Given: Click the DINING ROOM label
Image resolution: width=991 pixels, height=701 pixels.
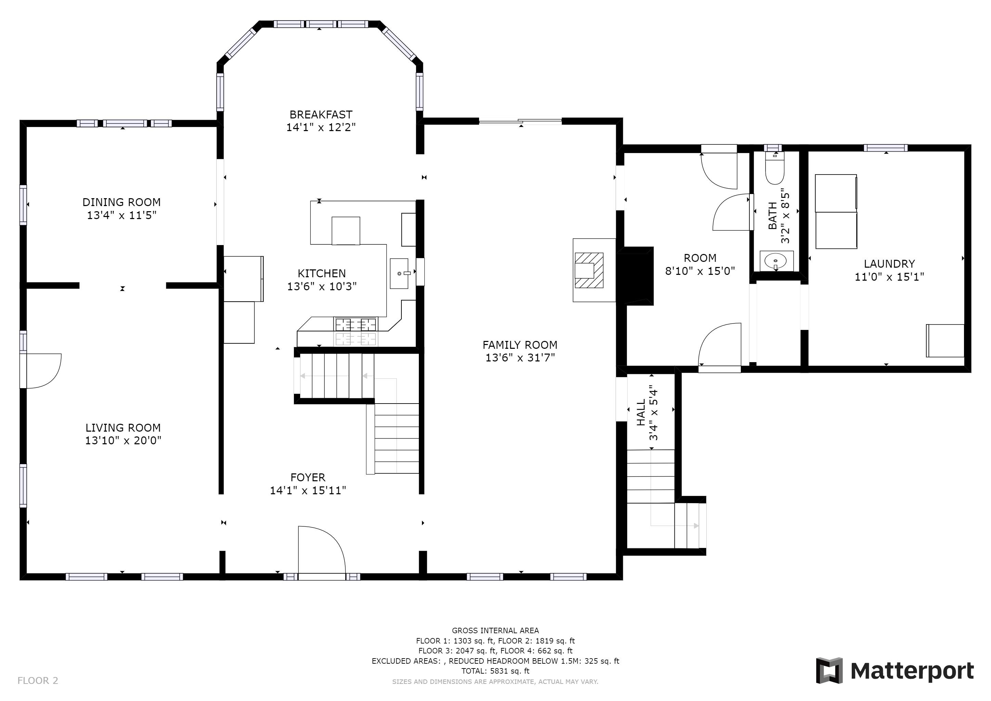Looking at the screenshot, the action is (x=122, y=202).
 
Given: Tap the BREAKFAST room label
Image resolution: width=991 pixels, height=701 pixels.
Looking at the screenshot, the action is (x=321, y=114).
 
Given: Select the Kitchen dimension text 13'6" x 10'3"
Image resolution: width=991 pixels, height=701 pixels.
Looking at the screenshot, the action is (x=322, y=286).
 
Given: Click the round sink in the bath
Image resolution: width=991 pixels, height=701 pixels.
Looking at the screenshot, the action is (x=776, y=261).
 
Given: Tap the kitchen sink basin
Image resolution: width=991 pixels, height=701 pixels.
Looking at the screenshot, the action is (x=399, y=273).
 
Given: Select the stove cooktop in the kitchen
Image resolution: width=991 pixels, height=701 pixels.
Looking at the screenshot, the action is (x=356, y=331).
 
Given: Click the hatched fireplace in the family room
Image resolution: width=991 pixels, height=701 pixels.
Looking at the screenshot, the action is (x=589, y=270).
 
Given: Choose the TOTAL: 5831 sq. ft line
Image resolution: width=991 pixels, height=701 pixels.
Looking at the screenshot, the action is (x=495, y=671).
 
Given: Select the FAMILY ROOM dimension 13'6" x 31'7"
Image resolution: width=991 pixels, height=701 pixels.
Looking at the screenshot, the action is (x=520, y=357).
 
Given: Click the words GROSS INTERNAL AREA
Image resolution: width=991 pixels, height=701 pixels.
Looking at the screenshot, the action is (x=495, y=630).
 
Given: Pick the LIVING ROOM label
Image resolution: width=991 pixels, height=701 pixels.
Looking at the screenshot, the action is (x=123, y=428).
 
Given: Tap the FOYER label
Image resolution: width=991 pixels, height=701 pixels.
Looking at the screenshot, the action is (x=308, y=477).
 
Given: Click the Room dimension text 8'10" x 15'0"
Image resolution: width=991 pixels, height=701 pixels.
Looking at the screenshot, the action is (x=700, y=271).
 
